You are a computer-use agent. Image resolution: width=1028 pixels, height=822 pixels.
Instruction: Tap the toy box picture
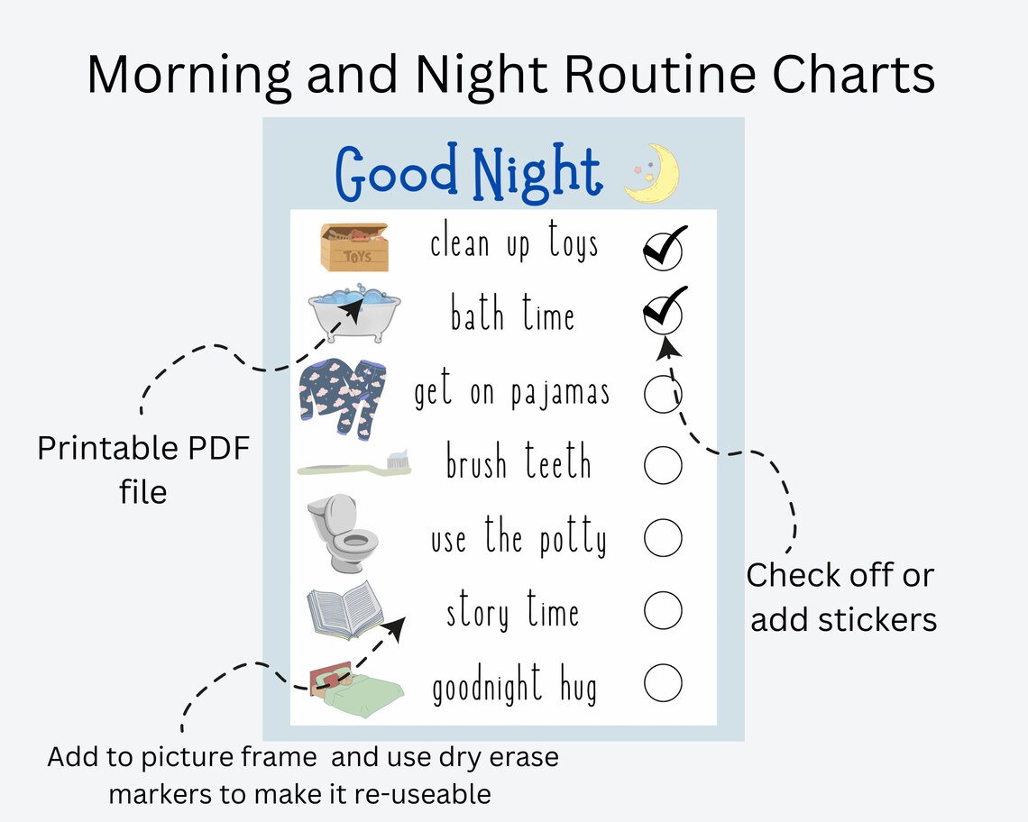tap(354, 247)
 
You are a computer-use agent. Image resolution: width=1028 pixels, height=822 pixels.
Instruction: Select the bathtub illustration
tap(353, 314)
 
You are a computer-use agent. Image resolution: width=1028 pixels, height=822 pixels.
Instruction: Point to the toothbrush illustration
tap(355, 465)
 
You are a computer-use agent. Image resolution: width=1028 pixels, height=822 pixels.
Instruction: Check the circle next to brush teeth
tap(663, 465)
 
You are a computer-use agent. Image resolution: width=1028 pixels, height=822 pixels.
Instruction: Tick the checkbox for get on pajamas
tap(663, 393)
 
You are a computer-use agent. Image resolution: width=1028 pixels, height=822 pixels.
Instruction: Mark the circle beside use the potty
tap(663, 538)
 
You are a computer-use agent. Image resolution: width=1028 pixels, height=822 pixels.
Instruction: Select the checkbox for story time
tap(663, 611)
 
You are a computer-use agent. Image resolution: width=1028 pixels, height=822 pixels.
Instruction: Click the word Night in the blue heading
tap(536, 173)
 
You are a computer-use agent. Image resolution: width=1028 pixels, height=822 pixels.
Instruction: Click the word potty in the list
tap(573, 539)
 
